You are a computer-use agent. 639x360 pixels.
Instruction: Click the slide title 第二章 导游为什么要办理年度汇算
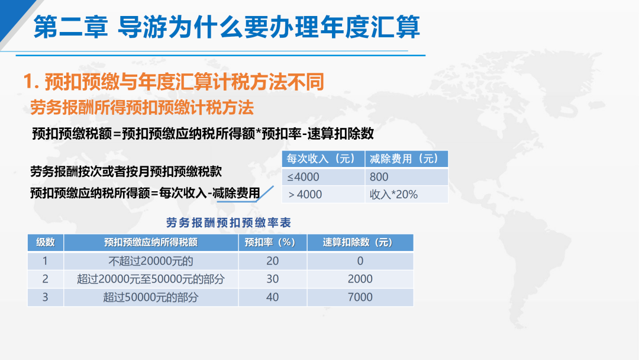pos(227,27)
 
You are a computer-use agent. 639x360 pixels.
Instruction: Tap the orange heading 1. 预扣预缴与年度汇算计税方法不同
pos(173,82)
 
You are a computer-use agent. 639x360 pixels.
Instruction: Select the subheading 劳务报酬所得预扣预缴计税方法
pos(142,108)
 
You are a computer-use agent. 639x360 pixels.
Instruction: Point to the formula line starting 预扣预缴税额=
pos(203,133)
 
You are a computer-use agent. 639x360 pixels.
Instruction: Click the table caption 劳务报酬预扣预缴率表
pos(228,223)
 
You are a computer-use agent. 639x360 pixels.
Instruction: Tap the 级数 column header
pos(45,242)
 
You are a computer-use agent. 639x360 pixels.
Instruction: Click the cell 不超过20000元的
pos(151,261)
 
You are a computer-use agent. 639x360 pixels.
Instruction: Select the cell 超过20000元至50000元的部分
pos(151,279)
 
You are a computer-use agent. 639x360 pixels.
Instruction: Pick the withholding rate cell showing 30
pos(273,279)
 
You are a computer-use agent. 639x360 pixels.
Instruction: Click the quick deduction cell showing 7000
pos(360,297)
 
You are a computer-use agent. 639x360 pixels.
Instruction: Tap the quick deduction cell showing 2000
pos(360,279)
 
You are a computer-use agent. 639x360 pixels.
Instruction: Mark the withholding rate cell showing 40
pos(273,297)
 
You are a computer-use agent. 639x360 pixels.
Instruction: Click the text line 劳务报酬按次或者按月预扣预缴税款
pos(126,172)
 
